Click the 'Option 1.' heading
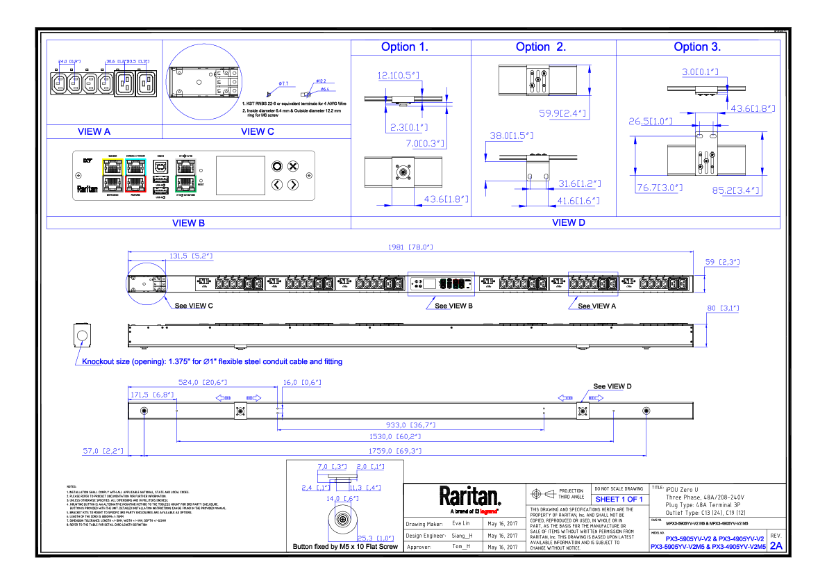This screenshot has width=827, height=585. point(404,47)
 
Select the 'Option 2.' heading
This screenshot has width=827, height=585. point(541,47)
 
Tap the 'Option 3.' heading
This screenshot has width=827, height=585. point(697,47)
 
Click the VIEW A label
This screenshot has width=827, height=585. point(94,131)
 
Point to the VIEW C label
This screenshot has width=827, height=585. point(258,131)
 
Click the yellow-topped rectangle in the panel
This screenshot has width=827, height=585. point(112,175)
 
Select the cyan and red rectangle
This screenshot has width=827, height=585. point(136,175)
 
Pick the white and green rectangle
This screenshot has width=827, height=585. point(185,175)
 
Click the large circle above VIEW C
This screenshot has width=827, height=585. point(203,82)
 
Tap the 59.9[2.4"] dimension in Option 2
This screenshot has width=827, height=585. point(563,113)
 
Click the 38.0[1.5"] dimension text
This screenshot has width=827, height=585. point(511,136)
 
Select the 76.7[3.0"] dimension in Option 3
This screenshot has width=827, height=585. point(660,188)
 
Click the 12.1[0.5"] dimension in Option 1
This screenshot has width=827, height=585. point(399,76)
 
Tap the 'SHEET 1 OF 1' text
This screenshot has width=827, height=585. point(619,500)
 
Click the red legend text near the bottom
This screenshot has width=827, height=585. point(488,511)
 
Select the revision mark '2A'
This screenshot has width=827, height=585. point(776,546)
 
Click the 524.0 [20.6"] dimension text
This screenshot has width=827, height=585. point(203,382)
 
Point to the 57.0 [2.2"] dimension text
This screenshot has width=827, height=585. point(103,452)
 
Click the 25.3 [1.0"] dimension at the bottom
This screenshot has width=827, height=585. point(375,538)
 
